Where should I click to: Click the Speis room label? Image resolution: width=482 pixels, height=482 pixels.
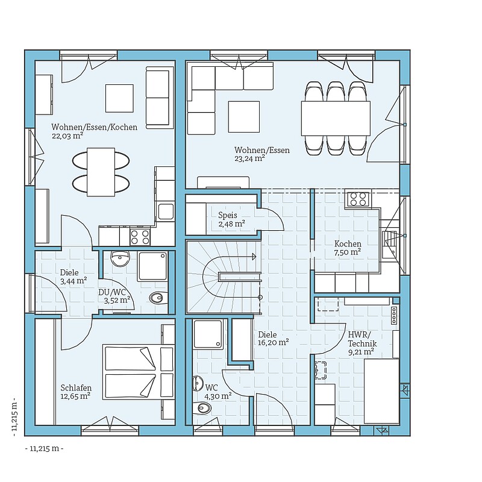[228, 215]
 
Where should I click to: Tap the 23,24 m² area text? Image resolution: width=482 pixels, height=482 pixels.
[250, 158]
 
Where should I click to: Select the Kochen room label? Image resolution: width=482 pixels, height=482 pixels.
[348, 244]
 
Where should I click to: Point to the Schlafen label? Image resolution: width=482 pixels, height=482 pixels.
[76, 388]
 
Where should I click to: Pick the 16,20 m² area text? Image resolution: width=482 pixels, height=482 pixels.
[274, 342]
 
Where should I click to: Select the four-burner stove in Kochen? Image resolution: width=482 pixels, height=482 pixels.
[358, 199]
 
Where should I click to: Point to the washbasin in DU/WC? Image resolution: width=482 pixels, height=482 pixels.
[120, 259]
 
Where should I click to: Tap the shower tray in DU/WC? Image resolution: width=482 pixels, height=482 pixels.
[153, 266]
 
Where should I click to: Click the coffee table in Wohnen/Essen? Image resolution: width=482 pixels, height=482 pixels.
[244, 117]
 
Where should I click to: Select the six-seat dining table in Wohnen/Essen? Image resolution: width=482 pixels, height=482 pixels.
[336, 118]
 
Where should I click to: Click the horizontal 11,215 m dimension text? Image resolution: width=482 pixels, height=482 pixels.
[44, 448]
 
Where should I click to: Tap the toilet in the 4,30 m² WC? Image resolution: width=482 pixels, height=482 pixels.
[202, 408]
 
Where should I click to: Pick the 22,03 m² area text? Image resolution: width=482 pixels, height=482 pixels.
[67, 136]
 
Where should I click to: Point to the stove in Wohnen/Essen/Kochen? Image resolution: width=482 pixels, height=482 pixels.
[140, 237]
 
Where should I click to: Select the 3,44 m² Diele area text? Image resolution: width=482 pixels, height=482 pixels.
[74, 281]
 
